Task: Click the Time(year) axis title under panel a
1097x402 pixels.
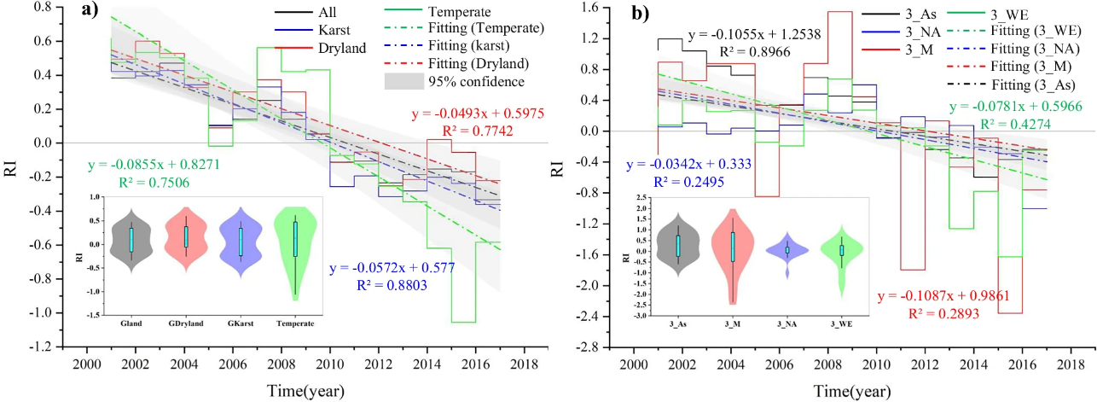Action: point(293,392)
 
